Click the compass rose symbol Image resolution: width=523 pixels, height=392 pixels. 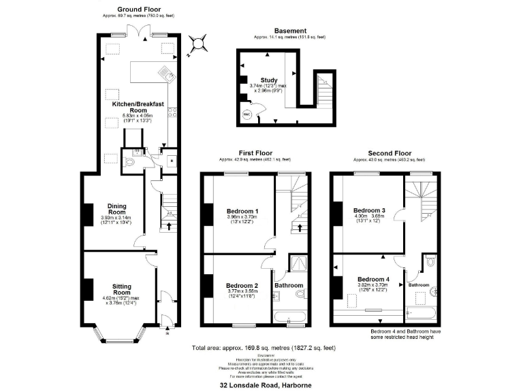[198, 44]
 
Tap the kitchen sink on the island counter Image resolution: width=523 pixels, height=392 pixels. [165, 71]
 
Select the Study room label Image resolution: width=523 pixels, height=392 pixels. [268, 80]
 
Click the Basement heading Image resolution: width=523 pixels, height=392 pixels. [289, 31]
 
